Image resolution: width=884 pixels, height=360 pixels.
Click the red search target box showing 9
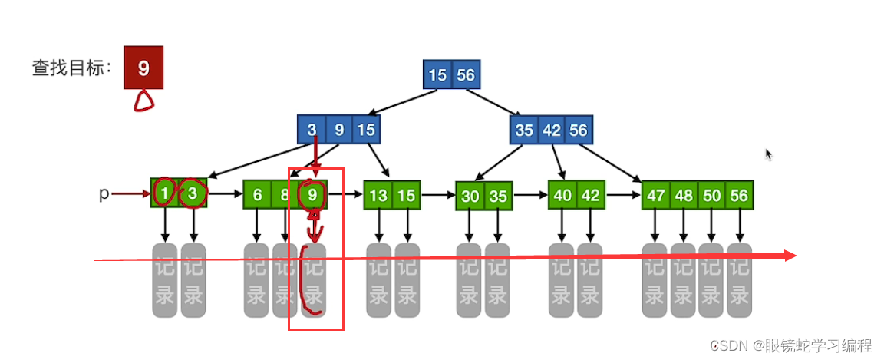click(143, 68)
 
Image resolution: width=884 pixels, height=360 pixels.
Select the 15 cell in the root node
click(437, 75)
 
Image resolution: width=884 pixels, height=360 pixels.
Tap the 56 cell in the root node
click(466, 75)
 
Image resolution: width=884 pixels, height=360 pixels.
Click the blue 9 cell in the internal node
click(339, 130)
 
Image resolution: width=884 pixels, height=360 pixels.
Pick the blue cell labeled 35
click(523, 130)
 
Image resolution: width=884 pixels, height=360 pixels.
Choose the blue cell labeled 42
click(552, 130)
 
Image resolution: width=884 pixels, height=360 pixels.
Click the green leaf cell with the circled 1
click(164, 193)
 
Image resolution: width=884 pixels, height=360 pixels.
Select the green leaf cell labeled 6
click(257, 195)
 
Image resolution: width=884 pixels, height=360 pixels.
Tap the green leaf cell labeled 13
click(378, 196)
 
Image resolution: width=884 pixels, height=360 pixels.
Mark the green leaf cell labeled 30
click(470, 197)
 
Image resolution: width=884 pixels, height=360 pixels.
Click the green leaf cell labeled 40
click(562, 195)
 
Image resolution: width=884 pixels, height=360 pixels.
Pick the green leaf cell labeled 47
click(655, 196)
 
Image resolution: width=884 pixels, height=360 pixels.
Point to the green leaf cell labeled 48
click(684, 196)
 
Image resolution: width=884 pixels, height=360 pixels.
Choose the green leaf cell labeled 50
click(711, 196)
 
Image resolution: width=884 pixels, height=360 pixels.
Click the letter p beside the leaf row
click(104, 193)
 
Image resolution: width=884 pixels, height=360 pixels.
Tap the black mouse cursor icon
click(768, 154)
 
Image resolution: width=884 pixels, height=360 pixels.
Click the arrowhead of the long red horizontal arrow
click(790, 256)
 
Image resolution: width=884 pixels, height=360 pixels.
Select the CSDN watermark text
click(790, 346)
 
